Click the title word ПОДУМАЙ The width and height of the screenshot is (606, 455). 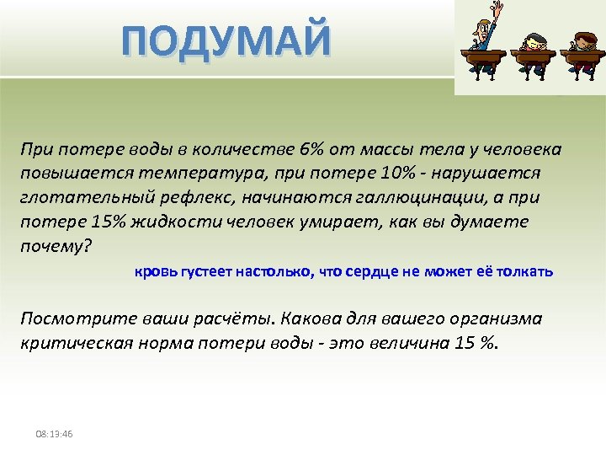coord(226,42)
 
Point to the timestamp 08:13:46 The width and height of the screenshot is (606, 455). coord(54,434)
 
